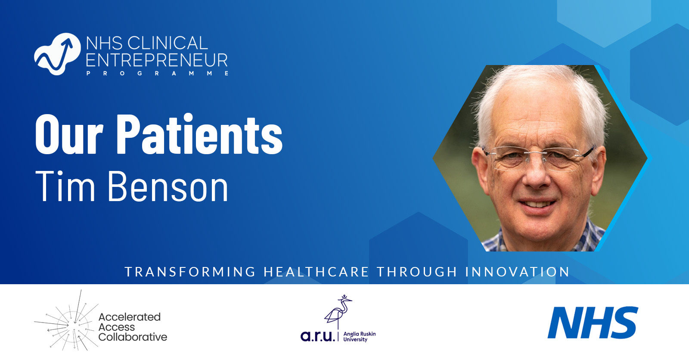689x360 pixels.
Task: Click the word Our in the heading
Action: click(x=69, y=135)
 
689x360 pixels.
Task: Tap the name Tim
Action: click(x=65, y=186)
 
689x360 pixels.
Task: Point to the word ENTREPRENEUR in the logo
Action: click(x=157, y=60)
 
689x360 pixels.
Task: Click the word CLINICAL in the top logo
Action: click(x=168, y=43)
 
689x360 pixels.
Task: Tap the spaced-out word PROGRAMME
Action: click(x=158, y=74)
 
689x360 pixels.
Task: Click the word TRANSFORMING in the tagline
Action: click(x=190, y=272)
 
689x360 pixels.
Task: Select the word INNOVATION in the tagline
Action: click(x=517, y=272)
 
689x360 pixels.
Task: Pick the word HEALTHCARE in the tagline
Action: click(x=316, y=272)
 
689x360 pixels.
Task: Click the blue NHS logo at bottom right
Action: click(x=593, y=323)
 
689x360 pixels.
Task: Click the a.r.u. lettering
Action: click(x=317, y=336)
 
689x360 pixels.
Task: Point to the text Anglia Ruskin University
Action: click(x=359, y=337)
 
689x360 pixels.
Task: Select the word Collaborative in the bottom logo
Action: click(x=133, y=337)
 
